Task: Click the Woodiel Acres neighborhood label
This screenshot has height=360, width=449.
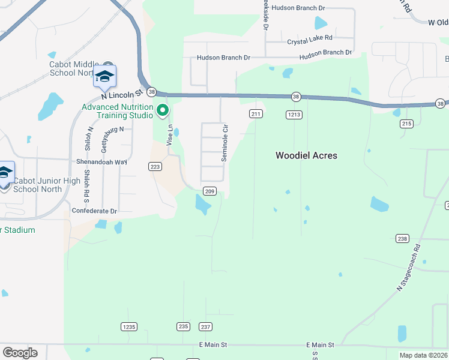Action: click(x=306, y=155)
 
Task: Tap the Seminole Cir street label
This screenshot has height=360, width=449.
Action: click(x=225, y=142)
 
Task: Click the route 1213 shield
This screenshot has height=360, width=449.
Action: click(x=294, y=115)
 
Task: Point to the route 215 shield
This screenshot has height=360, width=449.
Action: click(x=407, y=124)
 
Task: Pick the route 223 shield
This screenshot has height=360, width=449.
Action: click(x=155, y=166)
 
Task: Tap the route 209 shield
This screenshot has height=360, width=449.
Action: click(x=209, y=191)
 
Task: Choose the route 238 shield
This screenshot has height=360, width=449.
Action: click(x=402, y=239)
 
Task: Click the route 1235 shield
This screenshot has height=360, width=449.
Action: click(x=128, y=327)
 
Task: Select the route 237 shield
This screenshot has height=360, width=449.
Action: click(x=205, y=327)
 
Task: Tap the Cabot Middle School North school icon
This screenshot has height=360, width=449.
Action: click(x=104, y=77)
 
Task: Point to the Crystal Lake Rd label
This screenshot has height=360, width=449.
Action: click(x=309, y=41)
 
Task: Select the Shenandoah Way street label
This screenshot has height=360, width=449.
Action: click(x=101, y=162)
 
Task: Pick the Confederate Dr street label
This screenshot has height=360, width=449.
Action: click(x=94, y=211)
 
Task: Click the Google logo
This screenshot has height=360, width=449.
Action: click(x=20, y=352)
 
